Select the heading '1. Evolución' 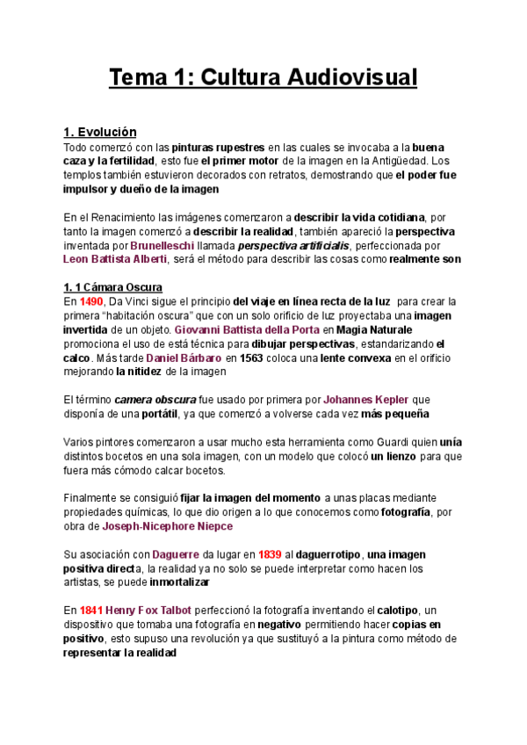100,132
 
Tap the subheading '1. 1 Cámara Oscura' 113,287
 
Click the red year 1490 90,301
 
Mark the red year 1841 90,611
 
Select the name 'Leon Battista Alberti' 114,259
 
